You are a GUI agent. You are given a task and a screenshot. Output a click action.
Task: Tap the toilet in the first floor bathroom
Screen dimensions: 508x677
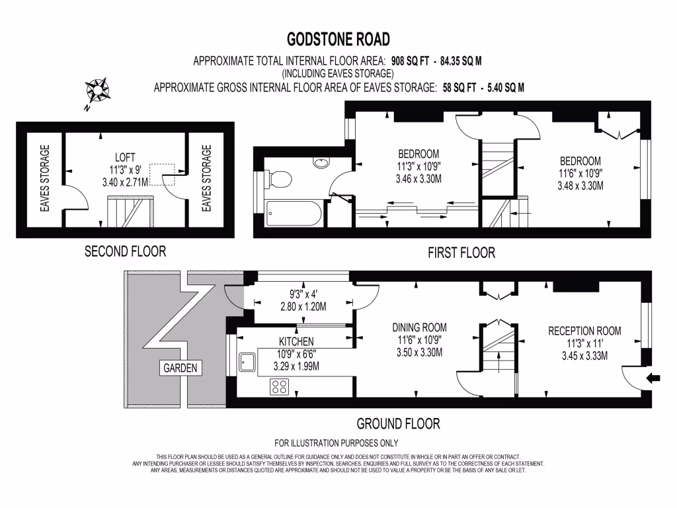pos(281,179)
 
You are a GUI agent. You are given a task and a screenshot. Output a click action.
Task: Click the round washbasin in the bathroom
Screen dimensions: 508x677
pos(321,161)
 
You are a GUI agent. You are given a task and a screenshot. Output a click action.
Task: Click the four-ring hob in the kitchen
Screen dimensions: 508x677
pos(279,386)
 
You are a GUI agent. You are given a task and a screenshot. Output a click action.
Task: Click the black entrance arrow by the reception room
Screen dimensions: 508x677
pos(653,378)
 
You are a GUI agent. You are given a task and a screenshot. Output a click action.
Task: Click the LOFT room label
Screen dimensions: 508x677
pos(125,157)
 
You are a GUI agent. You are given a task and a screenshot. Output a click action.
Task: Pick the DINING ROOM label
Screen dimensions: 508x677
pos(418,327)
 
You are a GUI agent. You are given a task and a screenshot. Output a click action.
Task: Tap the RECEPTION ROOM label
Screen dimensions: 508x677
pos(584,331)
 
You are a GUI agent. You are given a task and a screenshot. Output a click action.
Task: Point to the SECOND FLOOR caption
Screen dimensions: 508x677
pos(125,251)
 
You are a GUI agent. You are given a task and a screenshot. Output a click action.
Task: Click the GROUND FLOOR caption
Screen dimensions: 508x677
pos(398,423)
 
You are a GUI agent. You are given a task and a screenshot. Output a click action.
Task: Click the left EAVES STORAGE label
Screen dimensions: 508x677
pos(45,179)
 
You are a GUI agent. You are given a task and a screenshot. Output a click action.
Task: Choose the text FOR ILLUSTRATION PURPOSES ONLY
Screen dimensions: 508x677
pos(336,443)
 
